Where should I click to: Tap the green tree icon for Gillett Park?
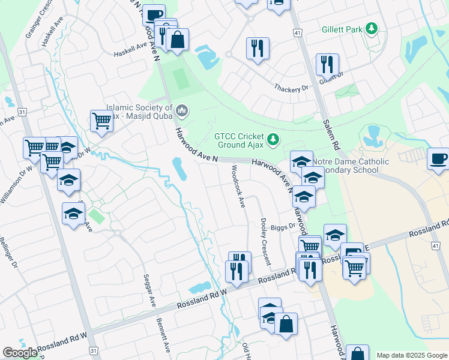pyautogui.click(x=372, y=28)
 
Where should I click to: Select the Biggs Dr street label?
pyautogui.click(x=283, y=227)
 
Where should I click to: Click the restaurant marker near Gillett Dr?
pyautogui.click(x=327, y=64)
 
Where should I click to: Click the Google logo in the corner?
pyautogui.click(x=20, y=353)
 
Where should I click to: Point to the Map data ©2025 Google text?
pyautogui.click(x=412, y=355)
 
